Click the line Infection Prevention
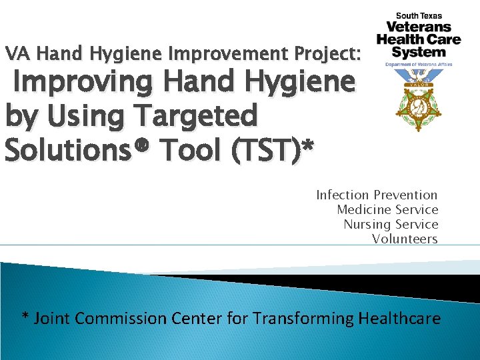pos(377,195)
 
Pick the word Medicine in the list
pos(364,210)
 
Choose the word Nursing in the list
pos(367,225)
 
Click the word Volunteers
pos(405,239)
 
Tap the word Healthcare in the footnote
pos(399,319)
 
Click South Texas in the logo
pos(419,16)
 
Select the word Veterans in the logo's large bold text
pos(419,27)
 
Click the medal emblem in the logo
pos(418,100)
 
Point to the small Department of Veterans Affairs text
pos(419,65)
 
